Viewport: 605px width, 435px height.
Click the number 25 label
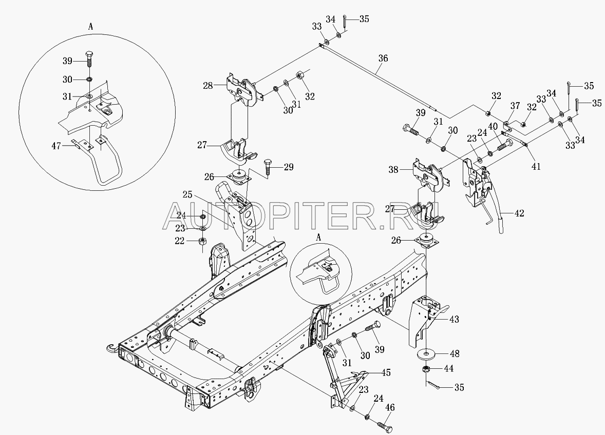click(187, 195)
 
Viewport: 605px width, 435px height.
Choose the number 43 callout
click(453, 319)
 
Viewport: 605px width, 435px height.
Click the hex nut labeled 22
click(202, 241)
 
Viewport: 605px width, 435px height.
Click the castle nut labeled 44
click(426, 369)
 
